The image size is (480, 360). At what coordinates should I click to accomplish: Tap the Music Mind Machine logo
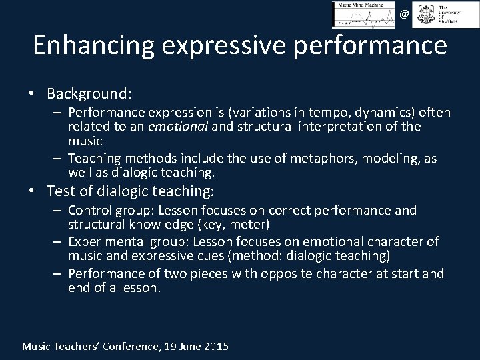pyautogui.click(x=363, y=14)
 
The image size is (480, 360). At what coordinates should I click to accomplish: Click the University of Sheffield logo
pyautogui.click(x=437, y=14)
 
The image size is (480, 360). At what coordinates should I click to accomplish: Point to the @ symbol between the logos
pyautogui.click(x=404, y=13)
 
